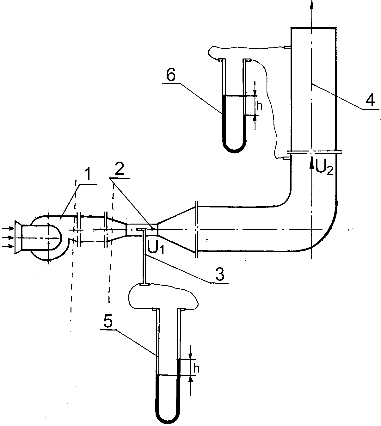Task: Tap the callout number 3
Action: coord(220,274)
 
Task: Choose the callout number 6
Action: coord(171,76)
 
